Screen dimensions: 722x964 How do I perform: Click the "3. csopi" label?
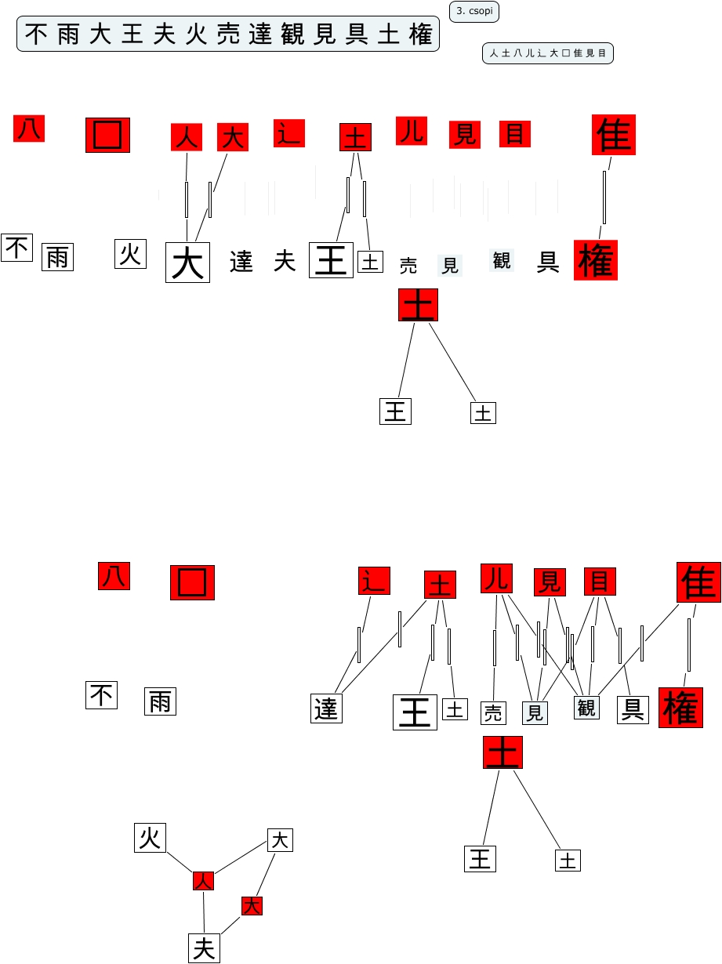pos(474,12)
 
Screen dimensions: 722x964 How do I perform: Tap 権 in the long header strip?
pos(421,35)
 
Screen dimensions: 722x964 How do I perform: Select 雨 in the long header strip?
pos(68,35)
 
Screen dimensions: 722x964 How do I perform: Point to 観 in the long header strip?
pos(292,35)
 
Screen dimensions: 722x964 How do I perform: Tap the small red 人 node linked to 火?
pos(204,881)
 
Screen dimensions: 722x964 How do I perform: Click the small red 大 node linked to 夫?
pos(252,906)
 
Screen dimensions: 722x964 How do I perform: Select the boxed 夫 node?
pos(204,948)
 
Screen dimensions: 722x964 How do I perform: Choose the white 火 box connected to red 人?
pos(150,838)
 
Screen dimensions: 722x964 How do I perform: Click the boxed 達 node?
pos(326,709)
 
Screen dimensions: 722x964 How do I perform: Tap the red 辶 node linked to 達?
pos(374,581)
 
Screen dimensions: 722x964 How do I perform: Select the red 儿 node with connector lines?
pos(496,578)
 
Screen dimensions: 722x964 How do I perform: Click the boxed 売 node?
pos(493,713)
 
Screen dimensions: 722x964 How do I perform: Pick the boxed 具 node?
pos(633,709)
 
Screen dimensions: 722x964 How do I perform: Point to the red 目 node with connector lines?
pos(600,582)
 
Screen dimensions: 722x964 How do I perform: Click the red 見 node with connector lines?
pos(550,582)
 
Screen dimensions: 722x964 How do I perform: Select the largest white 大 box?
pos(187,263)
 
